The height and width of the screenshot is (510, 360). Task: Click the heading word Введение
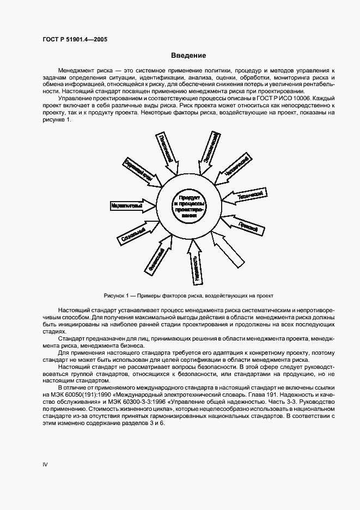pos(188,56)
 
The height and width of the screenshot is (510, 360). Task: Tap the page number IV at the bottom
pos(46,464)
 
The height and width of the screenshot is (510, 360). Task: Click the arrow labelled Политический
pos(165,149)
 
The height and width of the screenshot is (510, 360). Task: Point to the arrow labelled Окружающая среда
pos(208,148)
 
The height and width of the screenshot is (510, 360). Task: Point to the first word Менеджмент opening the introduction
pos(75,71)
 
